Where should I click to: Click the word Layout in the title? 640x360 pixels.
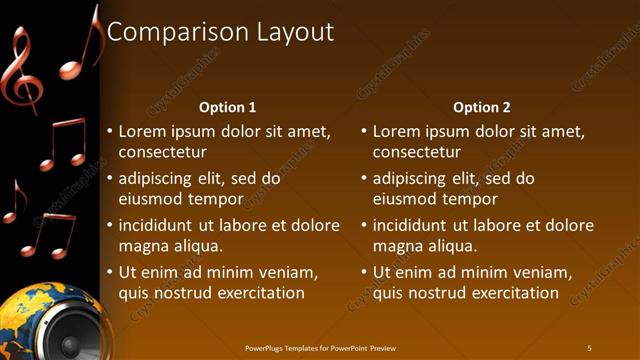(x=289, y=32)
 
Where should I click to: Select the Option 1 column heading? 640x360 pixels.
(x=228, y=107)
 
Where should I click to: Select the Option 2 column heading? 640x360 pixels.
(x=482, y=107)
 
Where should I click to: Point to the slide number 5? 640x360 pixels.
(x=589, y=347)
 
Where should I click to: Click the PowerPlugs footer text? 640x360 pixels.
(x=320, y=347)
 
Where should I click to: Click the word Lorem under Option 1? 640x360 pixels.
(x=142, y=131)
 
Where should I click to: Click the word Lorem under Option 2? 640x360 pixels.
(x=396, y=131)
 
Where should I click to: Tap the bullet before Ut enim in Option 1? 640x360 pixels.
(x=109, y=272)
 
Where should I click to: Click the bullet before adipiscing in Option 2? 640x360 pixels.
(x=363, y=178)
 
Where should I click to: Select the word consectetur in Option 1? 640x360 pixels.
(x=163, y=152)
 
